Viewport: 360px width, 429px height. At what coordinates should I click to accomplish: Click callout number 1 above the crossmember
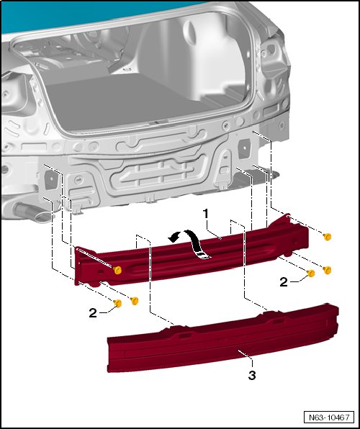[205, 214]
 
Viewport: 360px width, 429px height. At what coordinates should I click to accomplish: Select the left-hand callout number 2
[93, 313]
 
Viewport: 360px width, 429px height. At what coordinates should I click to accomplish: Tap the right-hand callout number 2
[284, 282]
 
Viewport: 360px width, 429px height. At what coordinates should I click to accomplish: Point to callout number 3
[252, 376]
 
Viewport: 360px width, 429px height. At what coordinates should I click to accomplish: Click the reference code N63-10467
[329, 417]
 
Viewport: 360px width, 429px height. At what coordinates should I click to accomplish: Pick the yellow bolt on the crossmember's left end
[117, 271]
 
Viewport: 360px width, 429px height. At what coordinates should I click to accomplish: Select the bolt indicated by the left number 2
[117, 303]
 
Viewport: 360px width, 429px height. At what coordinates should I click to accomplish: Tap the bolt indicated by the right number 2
[311, 273]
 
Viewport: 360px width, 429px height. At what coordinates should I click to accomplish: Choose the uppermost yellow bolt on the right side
[327, 237]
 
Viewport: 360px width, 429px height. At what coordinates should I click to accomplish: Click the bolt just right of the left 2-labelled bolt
[135, 301]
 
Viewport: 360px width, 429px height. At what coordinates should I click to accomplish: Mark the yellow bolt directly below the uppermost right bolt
[327, 270]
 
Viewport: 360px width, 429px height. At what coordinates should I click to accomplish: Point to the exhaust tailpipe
[30, 213]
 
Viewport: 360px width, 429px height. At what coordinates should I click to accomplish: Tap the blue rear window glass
[82, 14]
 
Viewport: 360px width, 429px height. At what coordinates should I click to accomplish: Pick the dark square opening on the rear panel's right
[244, 148]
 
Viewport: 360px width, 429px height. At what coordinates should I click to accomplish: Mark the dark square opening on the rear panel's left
[51, 179]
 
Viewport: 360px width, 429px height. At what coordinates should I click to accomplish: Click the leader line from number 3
[246, 358]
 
